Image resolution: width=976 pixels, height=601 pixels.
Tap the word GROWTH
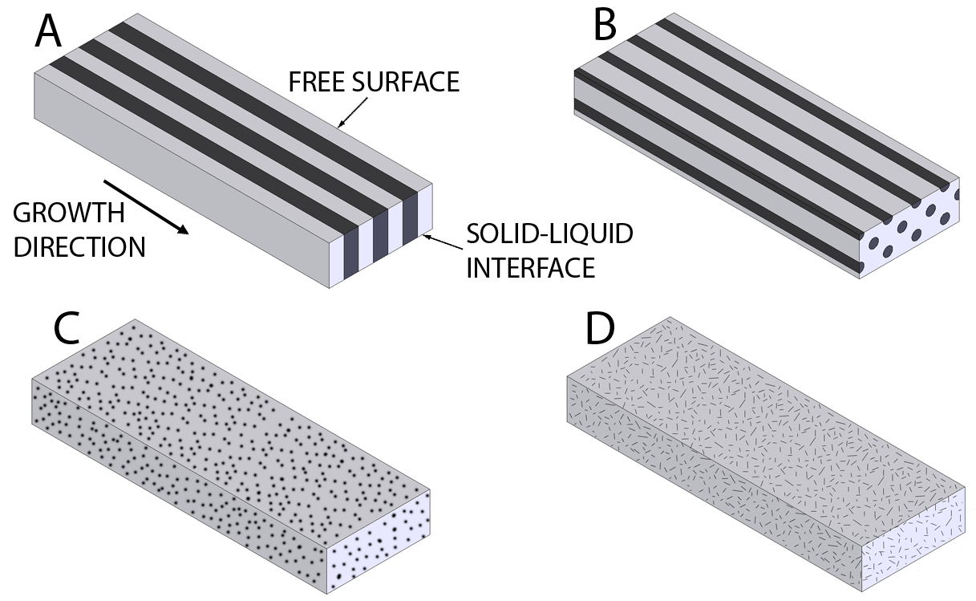tap(69, 214)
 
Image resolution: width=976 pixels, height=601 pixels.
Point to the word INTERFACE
tap(531, 266)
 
